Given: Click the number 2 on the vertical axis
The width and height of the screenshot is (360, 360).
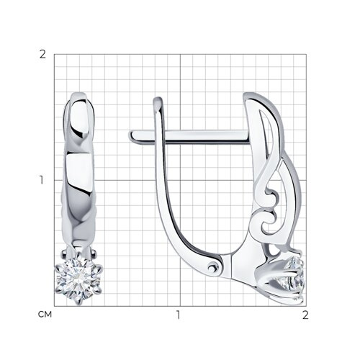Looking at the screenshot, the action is click(42, 55).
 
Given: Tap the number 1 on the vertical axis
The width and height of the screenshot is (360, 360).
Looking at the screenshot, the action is click(42, 180).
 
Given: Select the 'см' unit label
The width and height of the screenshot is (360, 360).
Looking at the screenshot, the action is click(45, 315).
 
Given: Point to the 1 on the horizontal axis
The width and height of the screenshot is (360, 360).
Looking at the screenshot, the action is click(178, 315).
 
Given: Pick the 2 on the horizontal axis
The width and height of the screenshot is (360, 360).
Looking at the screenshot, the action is click(305, 315).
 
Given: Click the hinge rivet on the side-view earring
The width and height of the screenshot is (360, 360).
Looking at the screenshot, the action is click(212, 266).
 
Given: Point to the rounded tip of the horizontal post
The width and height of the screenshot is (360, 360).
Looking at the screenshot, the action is click(132, 137).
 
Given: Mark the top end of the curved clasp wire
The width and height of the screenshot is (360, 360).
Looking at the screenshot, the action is click(158, 99).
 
